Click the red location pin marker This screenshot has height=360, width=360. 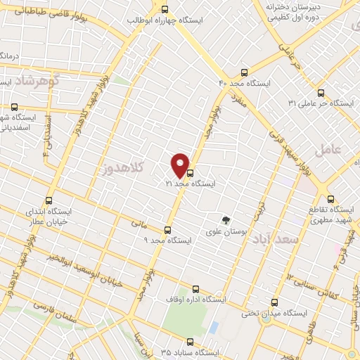[x=181, y=165]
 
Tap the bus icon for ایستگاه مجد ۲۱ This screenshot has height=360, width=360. [x=190, y=173]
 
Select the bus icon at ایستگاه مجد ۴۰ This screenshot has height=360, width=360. [x=244, y=72]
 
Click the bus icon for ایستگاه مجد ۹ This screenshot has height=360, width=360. [x=167, y=230]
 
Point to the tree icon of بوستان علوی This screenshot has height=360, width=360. [x=226, y=219]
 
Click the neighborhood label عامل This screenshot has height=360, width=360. [x=329, y=150]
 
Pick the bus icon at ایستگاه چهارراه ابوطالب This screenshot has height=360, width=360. [x=165, y=10]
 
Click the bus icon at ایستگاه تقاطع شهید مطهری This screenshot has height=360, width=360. [x=332, y=199]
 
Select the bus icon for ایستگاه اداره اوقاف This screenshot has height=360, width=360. [x=195, y=288]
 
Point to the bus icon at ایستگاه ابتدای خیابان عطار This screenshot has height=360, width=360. [x=49, y=200]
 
